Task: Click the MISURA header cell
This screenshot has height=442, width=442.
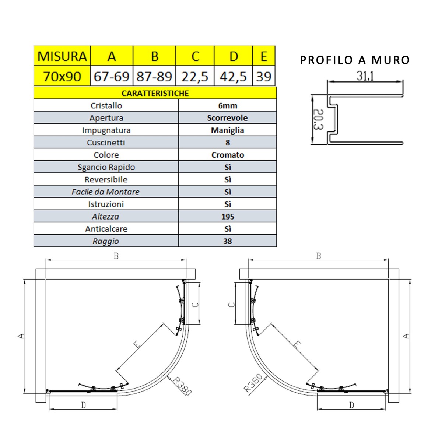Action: point(62,56)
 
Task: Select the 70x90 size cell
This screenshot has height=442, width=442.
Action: point(62,76)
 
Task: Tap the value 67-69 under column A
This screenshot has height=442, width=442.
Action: point(112,76)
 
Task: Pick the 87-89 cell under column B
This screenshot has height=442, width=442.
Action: point(154,76)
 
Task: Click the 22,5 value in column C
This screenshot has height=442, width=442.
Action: point(195,76)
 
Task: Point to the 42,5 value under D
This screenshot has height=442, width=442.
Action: point(233,76)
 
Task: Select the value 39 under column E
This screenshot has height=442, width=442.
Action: point(264,76)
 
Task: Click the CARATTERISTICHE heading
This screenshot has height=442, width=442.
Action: point(155,93)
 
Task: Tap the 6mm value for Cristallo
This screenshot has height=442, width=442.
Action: point(228,105)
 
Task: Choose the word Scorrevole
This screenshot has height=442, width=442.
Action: point(227,118)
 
